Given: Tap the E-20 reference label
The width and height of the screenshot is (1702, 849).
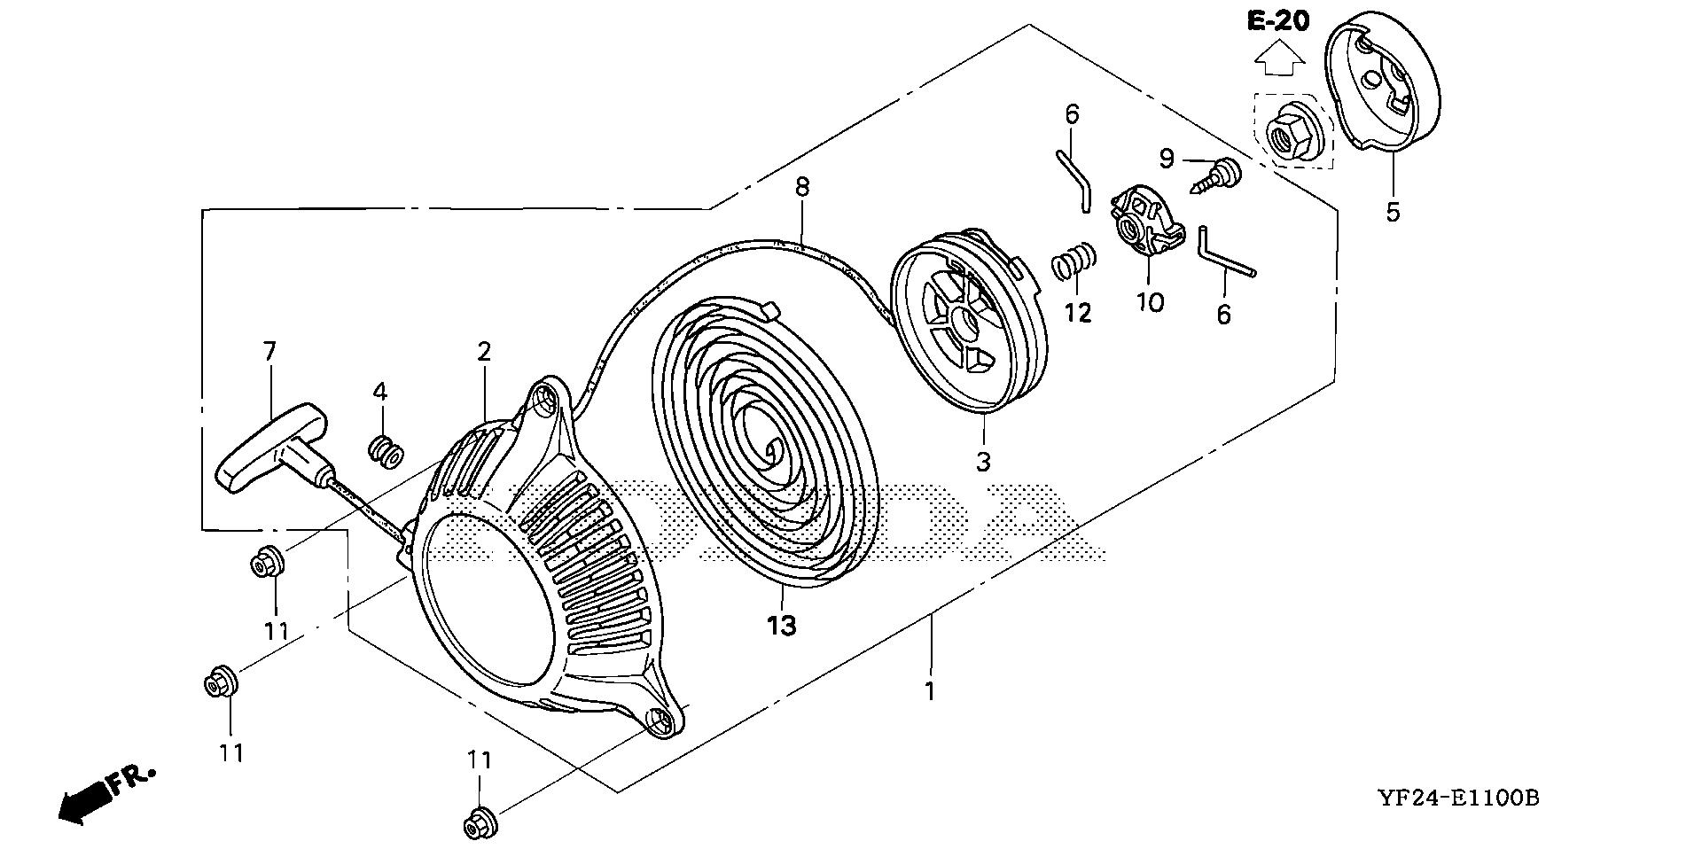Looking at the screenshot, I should (1277, 19).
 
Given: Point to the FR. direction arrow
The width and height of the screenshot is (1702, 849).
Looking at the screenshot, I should (84, 803).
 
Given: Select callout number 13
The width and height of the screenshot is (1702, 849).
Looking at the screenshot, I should (782, 627).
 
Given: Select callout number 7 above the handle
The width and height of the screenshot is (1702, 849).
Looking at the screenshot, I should (269, 352).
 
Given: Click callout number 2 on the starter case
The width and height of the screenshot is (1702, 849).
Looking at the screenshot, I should (483, 352).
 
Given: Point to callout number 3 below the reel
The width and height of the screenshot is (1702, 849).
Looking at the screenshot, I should (983, 461).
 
